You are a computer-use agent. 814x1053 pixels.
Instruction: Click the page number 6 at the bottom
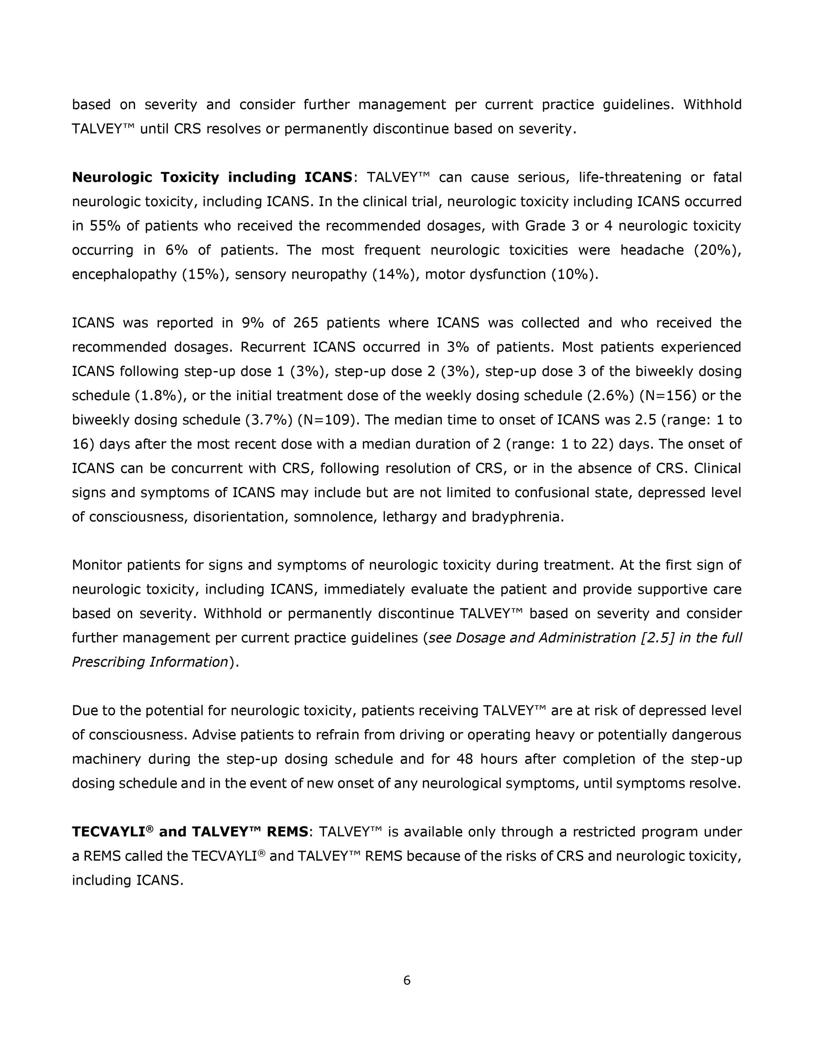click(x=407, y=980)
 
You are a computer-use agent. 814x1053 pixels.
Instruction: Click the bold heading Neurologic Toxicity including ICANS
click(x=212, y=177)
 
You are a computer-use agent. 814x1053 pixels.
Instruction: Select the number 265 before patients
click(x=305, y=323)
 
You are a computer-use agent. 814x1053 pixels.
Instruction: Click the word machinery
click(x=106, y=759)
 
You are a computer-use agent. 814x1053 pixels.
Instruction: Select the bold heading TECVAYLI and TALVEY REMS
click(x=190, y=832)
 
